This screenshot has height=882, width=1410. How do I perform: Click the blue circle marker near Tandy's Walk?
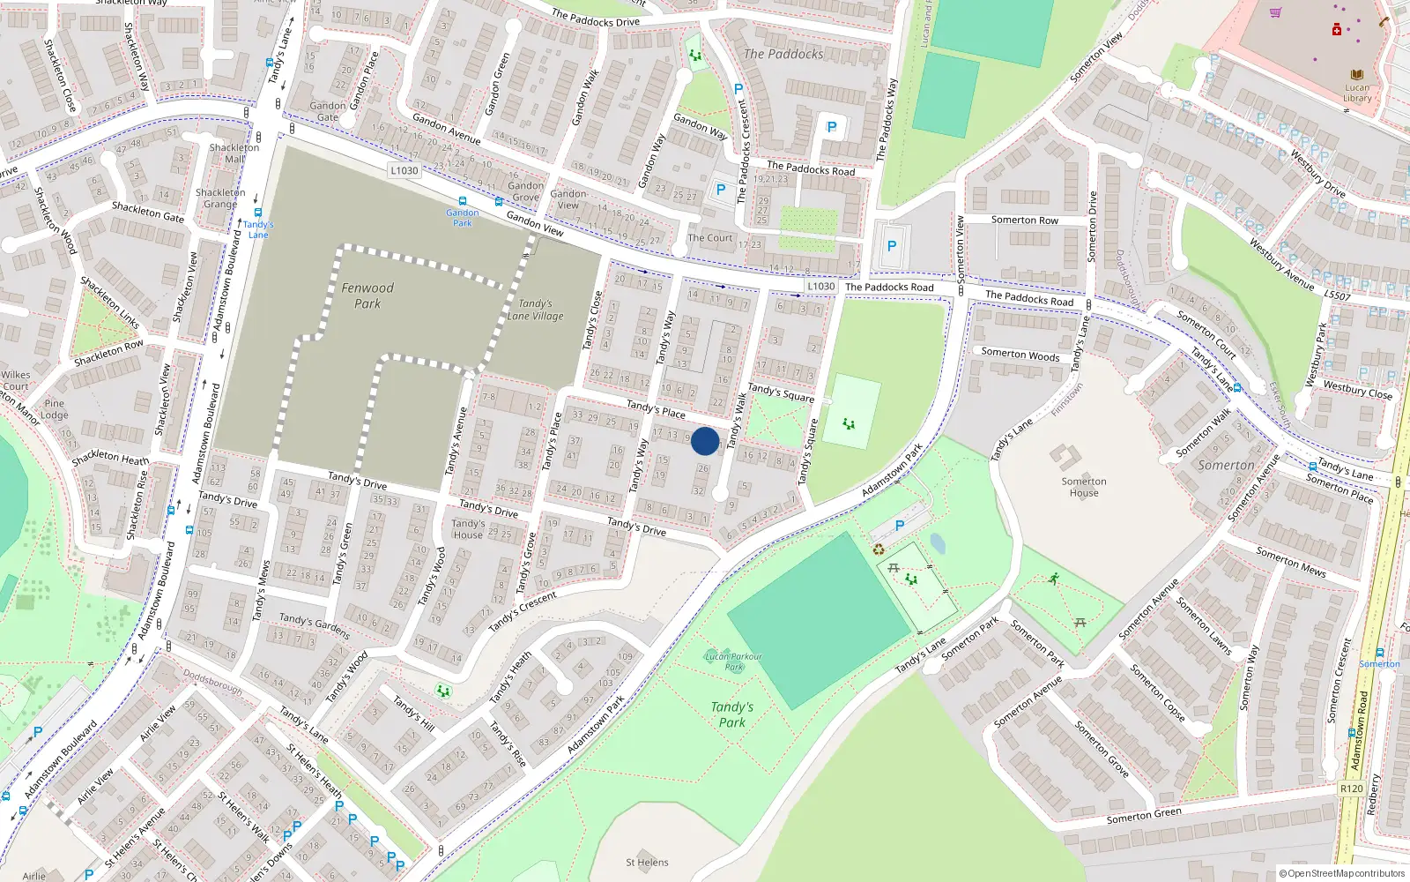coord(705,441)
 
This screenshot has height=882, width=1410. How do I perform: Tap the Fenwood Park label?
coord(367,295)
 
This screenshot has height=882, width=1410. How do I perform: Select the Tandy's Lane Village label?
coord(535,310)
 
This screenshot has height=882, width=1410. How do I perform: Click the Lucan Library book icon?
coord(1356,75)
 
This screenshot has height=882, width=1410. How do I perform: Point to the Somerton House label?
coord(1084,487)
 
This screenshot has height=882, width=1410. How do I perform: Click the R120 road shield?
coord(1351,789)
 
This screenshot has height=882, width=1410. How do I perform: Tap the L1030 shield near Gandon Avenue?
coord(404,170)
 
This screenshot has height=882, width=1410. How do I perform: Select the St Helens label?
coord(647,863)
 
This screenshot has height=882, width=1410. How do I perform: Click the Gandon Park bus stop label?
coord(463,217)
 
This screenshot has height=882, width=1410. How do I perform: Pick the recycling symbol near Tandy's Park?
coord(879,549)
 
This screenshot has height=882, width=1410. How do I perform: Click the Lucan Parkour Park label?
coord(733,661)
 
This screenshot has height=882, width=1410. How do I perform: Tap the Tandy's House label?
coord(468,528)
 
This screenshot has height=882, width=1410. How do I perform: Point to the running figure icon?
coord(1054,579)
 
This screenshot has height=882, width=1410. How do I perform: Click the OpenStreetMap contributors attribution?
coord(1341,874)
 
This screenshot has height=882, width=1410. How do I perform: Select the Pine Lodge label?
coord(55,409)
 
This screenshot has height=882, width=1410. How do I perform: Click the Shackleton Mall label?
coord(234,153)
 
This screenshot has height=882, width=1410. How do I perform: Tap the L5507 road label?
coord(1337,295)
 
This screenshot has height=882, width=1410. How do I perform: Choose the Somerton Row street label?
coord(1024,220)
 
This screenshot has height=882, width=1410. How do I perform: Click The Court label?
coord(709,238)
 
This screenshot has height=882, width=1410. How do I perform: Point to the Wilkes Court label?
coord(16,380)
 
